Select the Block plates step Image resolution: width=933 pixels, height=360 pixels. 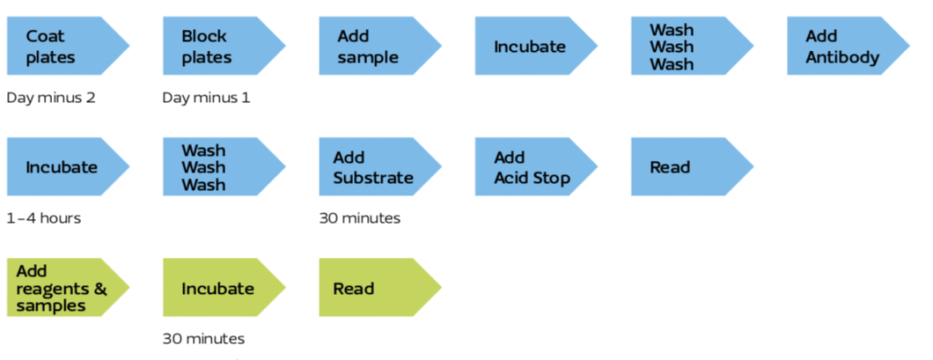pyautogui.click(x=224, y=47)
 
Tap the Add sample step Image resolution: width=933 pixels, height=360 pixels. pyautogui.click(x=379, y=47)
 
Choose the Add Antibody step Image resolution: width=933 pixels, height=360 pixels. pyautogui.click(x=848, y=47)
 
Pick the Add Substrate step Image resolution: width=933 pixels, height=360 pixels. pyautogui.click(x=379, y=166)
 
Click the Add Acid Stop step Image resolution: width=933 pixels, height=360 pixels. pyautogui.click(x=535, y=166)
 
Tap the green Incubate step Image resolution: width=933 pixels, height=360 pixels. pyautogui.click(x=224, y=288)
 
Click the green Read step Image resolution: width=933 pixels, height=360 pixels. pyautogui.click(x=379, y=288)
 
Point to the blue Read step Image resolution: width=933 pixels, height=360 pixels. pyautogui.click(x=692, y=166)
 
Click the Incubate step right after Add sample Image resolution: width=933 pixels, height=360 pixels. pyautogui.click(x=535, y=47)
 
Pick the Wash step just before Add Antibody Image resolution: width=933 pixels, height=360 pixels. pyautogui.click(x=692, y=47)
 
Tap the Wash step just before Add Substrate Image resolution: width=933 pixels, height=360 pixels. pyautogui.click(x=224, y=166)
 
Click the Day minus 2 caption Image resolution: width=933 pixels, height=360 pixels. pyautogui.click(x=50, y=98)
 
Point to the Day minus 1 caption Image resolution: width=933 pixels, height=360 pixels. pyautogui.click(x=207, y=98)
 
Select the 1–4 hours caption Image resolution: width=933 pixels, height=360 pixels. pyautogui.click(x=43, y=218)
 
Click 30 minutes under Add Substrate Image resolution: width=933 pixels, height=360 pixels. pyautogui.click(x=359, y=218)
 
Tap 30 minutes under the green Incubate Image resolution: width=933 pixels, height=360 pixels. pyautogui.click(x=203, y=339)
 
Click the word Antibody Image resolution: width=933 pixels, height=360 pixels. pyautogui.click(x=842, y=57)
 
